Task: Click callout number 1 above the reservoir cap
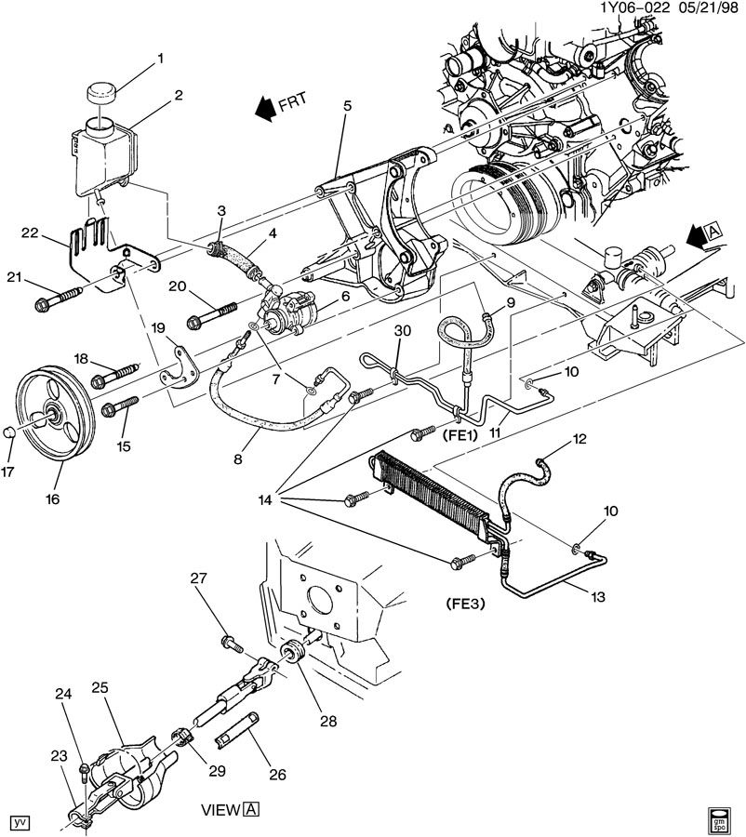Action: coord(160,58)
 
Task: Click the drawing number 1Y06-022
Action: coord(635,8)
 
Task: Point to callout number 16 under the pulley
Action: coord(52,499)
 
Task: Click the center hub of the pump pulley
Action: coord(54,413)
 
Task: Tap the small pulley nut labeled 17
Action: coord(8,432)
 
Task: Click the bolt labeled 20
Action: coord(212,315)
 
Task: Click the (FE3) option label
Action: coord(464,604)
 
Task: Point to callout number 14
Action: coord(265,500)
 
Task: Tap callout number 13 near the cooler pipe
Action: coord(598,596)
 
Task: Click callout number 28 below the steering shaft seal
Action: coord(328,721)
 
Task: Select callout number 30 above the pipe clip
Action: coord(403,330)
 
